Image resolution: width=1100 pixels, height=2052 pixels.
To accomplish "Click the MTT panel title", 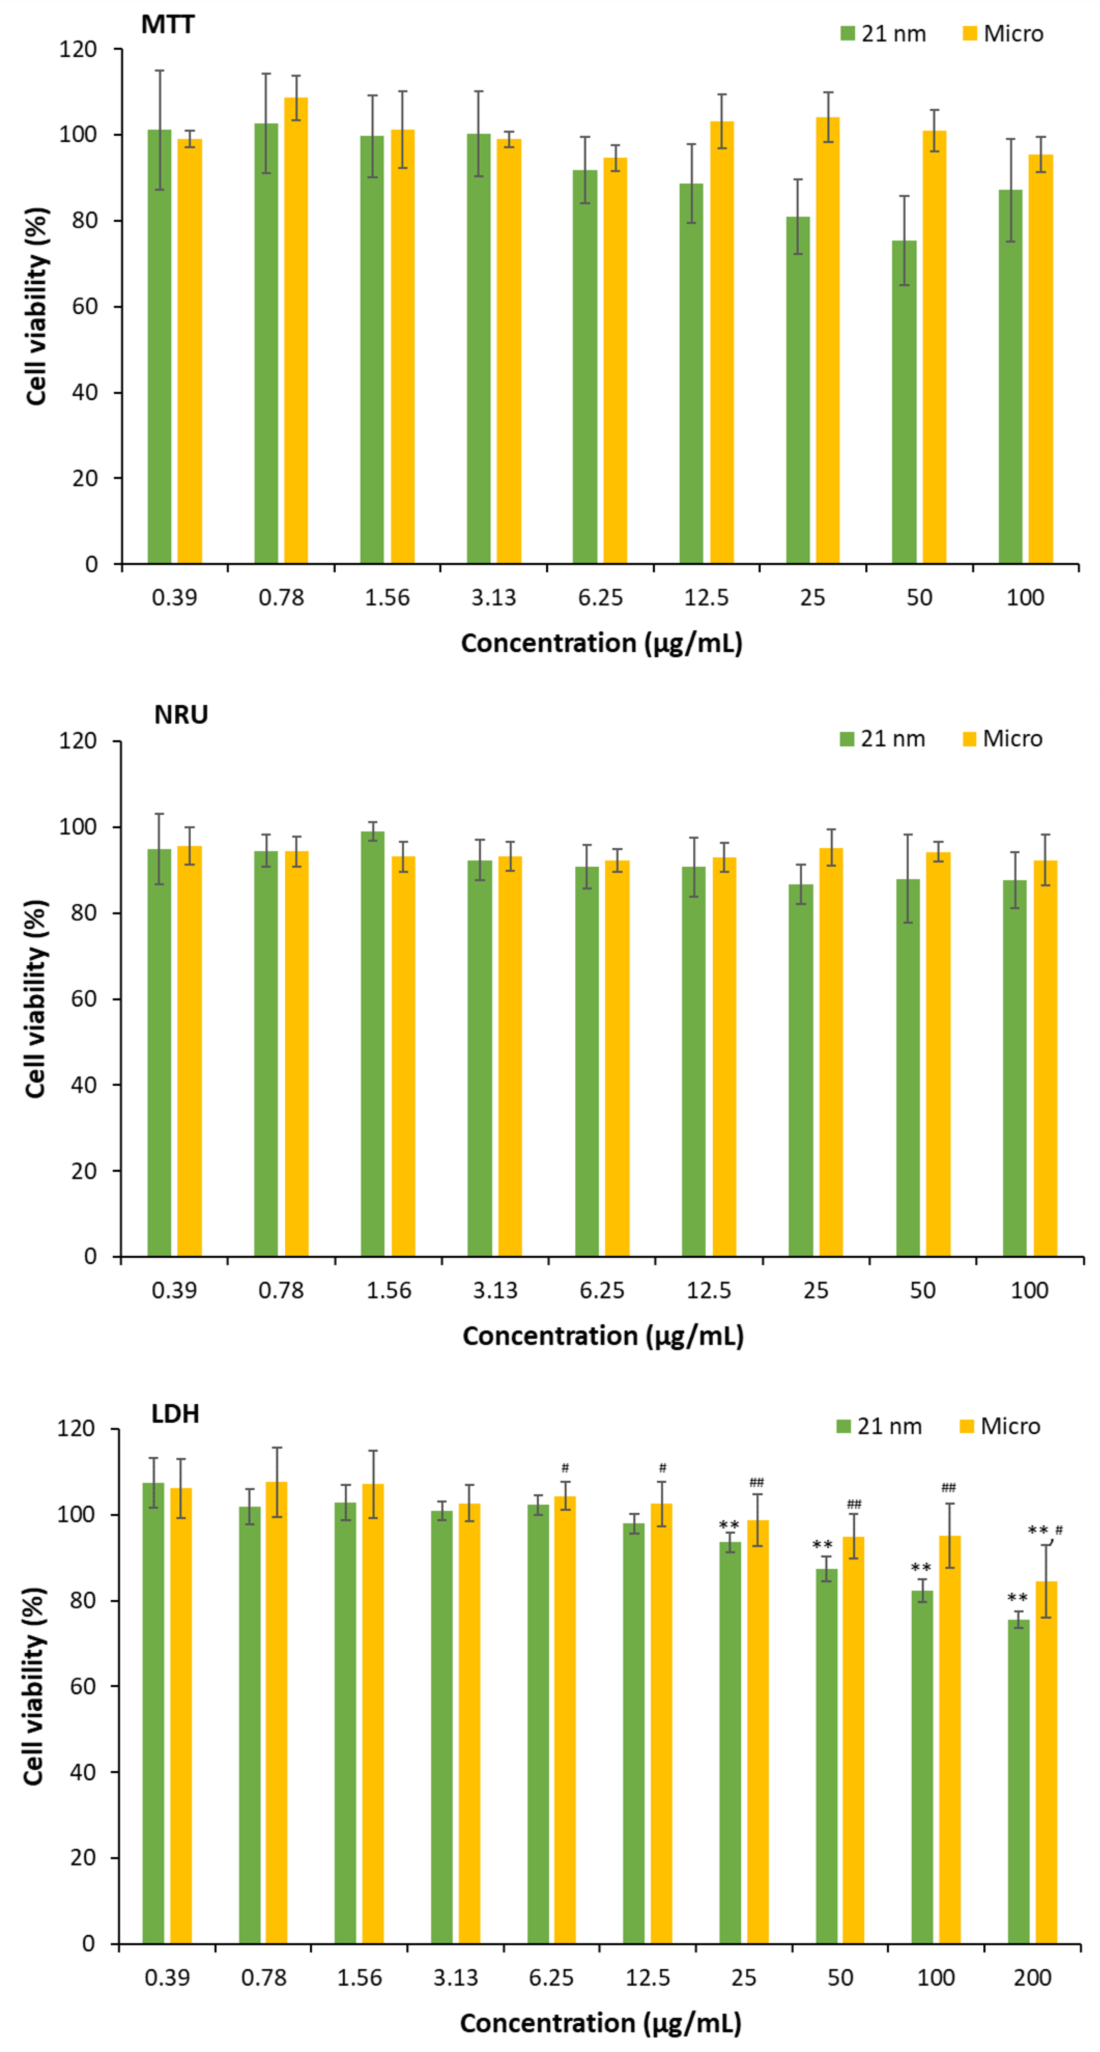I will pyautogui.click(x=167, y=25).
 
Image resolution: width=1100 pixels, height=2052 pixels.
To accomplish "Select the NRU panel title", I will pyautogui.click(x=181, y=715).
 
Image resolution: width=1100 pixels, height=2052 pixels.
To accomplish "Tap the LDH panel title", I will pyautogui.click(x=175, y=1414).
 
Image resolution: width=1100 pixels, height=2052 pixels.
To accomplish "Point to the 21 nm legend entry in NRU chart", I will pyautogui.click(x=882, y=739).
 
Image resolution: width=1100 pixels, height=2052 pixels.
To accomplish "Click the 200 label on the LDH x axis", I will pyautogui.click(x=1032, y=1977).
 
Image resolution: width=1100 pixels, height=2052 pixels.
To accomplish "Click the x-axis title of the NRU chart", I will pyautogui.click(x=603, y=1336).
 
